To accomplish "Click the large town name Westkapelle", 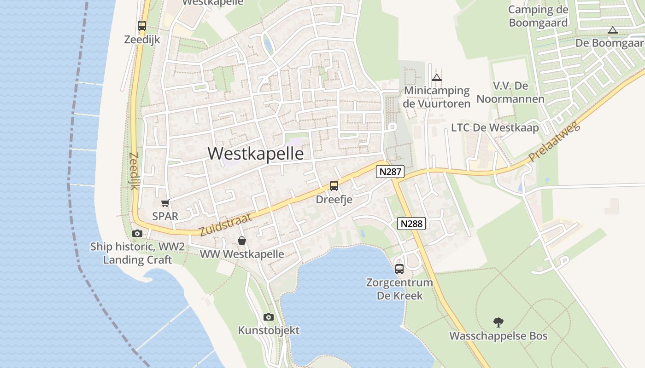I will click(256, 154).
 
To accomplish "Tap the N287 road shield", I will click(390, 172).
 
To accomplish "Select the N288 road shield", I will click(411, 224).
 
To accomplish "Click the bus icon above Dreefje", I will click(334, 186).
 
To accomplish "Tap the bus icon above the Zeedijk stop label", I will click(142, 26).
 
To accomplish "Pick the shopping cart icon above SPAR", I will click(165, 203).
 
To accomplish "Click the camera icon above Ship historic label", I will click(137, 233).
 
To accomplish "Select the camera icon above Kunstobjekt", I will click(269, 317).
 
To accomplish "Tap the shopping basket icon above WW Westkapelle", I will click(242, 241).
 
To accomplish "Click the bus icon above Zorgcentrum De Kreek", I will click(399, 269).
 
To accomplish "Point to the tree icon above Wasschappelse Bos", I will click(498, 322).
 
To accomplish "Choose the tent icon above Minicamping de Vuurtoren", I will click(437, 77).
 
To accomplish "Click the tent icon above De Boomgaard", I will click(612, 30).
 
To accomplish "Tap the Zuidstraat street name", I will click(226, 224).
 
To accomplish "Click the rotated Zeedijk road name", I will click(134, 171).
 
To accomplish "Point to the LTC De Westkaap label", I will click(495, 127).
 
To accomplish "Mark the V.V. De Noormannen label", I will click(510, 92).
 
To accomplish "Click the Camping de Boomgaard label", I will click(538, 16).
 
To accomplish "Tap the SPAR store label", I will click(165, 216).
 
